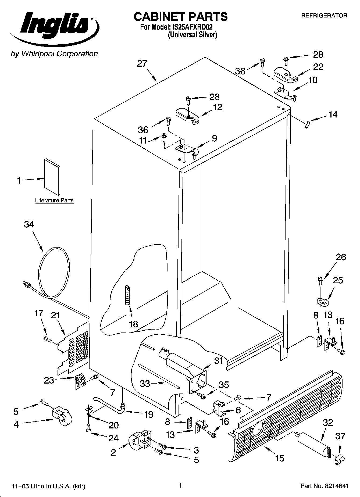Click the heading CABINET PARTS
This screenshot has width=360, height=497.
pos(181,17)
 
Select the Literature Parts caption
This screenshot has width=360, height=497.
pos(54,201)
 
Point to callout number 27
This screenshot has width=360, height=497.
pos(142,64)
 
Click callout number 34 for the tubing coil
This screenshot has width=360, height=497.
pos(29,224)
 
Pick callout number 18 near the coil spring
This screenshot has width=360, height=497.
pos(133,324)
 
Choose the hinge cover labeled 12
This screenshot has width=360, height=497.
pos(188,115)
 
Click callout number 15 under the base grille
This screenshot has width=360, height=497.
pos(280,458)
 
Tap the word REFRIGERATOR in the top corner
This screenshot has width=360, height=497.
pos(324,16)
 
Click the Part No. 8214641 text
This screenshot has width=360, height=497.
pos(325,486)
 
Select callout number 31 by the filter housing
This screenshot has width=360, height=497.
pos(219,361)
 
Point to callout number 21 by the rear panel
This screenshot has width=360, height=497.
pos(55,315)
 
